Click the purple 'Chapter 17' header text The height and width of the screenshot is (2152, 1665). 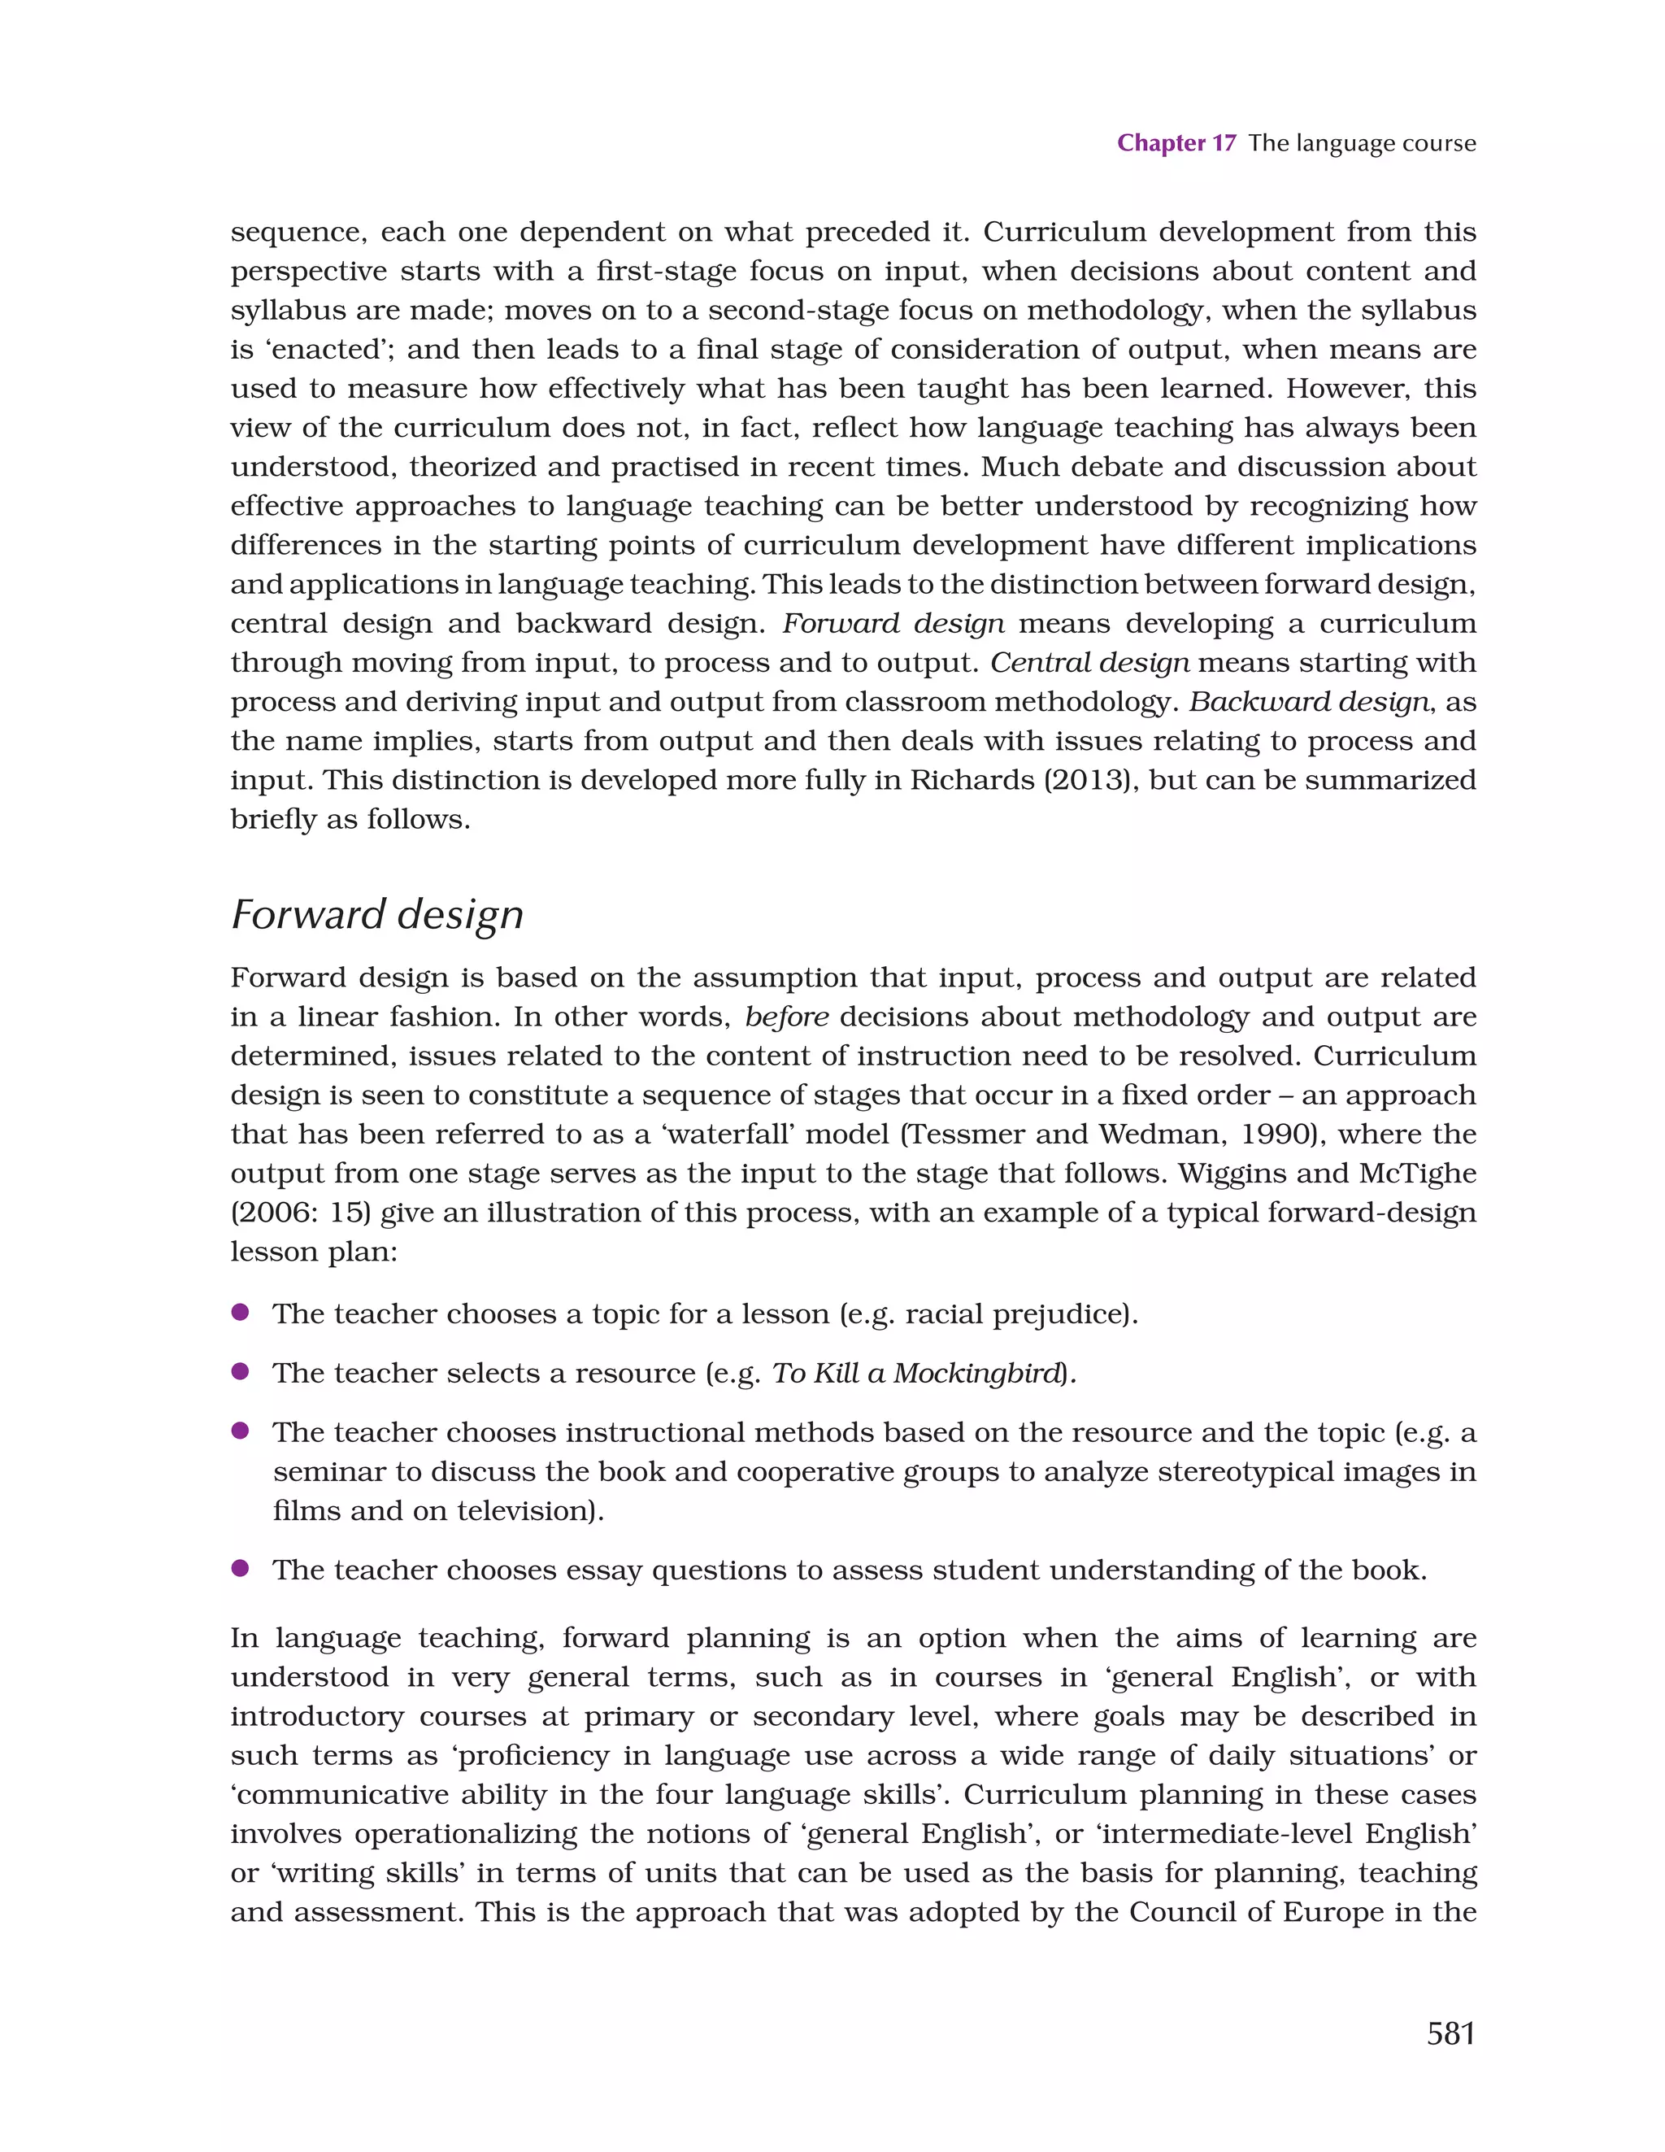(1176, 143)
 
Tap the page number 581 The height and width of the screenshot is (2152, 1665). (1450, 2032)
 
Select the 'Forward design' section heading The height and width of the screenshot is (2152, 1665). (376, 914)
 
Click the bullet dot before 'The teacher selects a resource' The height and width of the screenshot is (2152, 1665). (239, 1371)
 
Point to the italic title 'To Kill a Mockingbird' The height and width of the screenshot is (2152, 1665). (916, 1373)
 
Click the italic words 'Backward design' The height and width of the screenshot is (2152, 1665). (1308, 702)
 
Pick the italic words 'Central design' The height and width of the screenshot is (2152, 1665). (1089, 662)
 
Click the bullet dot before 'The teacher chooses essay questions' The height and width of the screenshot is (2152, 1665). (239, 1569)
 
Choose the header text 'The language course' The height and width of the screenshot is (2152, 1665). (1362, 143)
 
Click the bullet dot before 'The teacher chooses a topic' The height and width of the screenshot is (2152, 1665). (239, 1313)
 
